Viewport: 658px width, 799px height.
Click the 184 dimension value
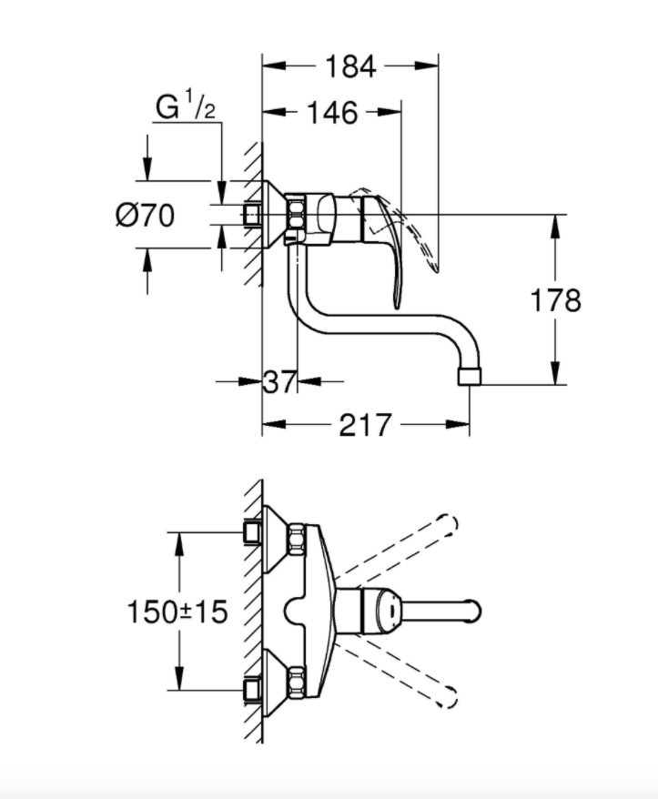point(350,66)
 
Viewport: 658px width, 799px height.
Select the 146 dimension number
point(332,113)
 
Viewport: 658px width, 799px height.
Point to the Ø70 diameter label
point(146,215)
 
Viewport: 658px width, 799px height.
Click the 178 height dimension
point(555,300)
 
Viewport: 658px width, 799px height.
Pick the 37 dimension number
point(279,381)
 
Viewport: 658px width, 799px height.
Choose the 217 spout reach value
point(366,424)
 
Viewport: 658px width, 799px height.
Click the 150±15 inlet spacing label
point(177,612)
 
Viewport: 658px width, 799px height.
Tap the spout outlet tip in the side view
point(470,377)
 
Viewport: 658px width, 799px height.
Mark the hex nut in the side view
point(296,215)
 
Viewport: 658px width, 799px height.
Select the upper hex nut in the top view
point(297,541)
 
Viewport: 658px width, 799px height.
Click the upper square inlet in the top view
point(253,532)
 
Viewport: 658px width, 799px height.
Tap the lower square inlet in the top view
point(253,690)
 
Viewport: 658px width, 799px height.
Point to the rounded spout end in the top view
point(471,611)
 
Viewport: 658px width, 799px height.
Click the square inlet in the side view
point(252,215)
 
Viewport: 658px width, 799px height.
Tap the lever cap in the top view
point(382,611)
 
